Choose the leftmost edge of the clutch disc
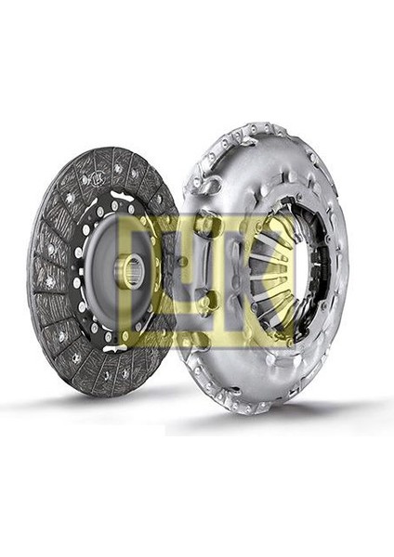29,269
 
